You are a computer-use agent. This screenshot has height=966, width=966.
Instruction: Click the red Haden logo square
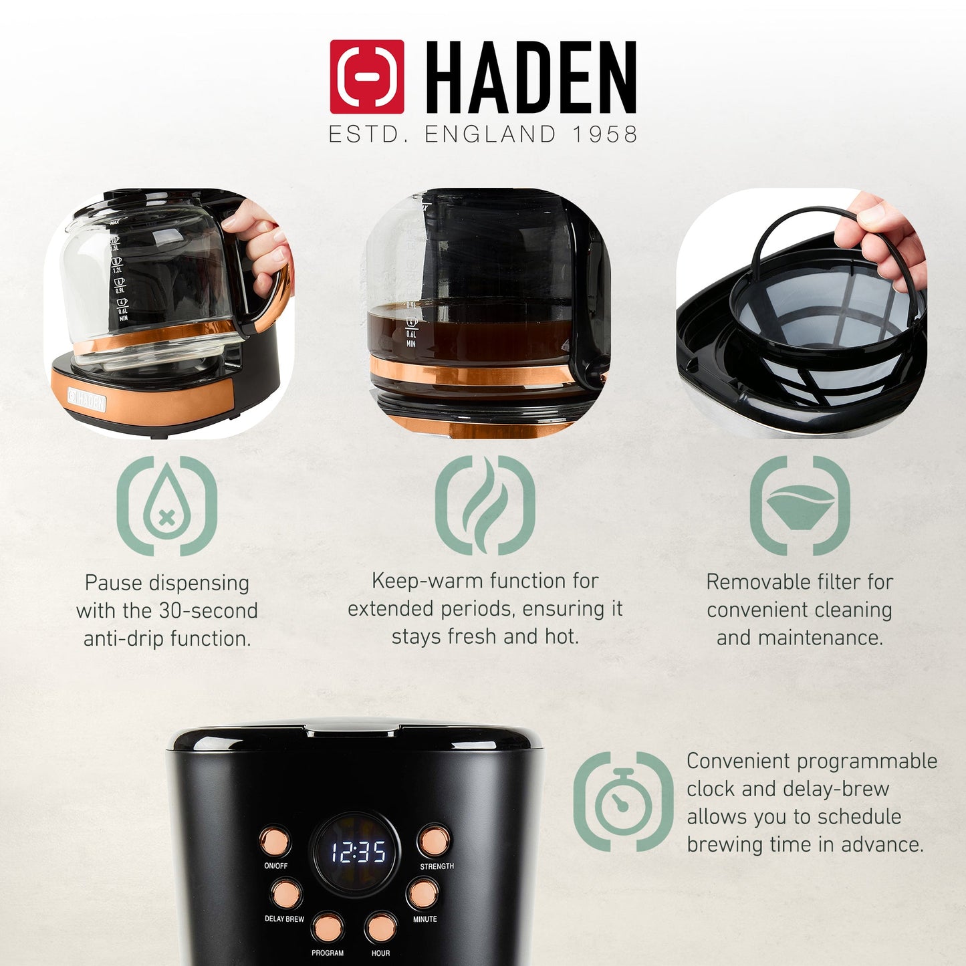[x=366, y=76]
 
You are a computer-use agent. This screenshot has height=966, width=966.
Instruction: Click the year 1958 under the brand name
[x=604, y=134]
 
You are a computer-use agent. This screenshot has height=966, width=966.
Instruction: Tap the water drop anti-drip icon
[x=166, y=505]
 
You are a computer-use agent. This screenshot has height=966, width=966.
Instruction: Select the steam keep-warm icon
[x=485, y=505]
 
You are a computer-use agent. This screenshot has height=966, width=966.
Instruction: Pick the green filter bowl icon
[x=800, y=505]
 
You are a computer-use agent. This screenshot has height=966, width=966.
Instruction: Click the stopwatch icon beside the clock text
[x=623, y=801]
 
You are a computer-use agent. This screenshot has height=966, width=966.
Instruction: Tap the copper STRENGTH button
[x=434, y=841]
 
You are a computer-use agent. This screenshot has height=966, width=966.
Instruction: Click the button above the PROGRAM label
[x=328, y=927]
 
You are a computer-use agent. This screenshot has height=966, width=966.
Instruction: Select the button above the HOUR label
[x=380, y=927]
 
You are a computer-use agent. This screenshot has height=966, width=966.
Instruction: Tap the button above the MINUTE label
[x=423, y=894]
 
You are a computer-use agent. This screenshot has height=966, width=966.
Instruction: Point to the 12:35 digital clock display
[x=358, y=852]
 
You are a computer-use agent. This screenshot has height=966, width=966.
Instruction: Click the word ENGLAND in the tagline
[x=490, y=134]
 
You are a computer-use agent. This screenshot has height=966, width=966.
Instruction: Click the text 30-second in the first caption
[x=208, y=611]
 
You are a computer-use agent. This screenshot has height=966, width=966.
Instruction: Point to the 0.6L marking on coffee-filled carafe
[x=411, y=334]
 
